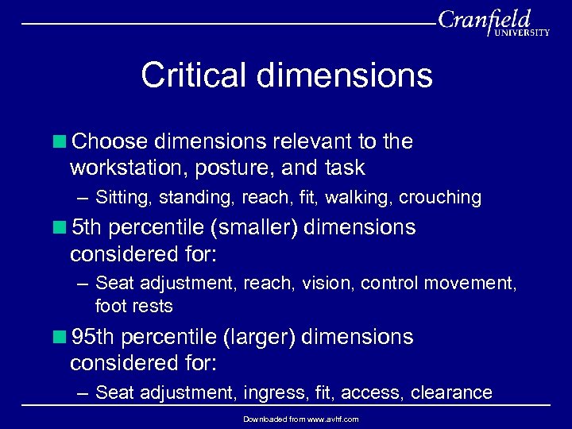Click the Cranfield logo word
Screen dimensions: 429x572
click(483, 19)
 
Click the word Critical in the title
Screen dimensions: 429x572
click(193, 76)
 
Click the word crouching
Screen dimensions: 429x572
click(440, 197)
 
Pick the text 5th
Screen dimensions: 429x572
click(87, 227)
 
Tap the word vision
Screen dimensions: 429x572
click(327, 283)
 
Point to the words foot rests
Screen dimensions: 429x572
click(133, 306)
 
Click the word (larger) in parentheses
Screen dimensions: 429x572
click(261, 337)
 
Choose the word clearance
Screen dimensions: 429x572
click(453, 392)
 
